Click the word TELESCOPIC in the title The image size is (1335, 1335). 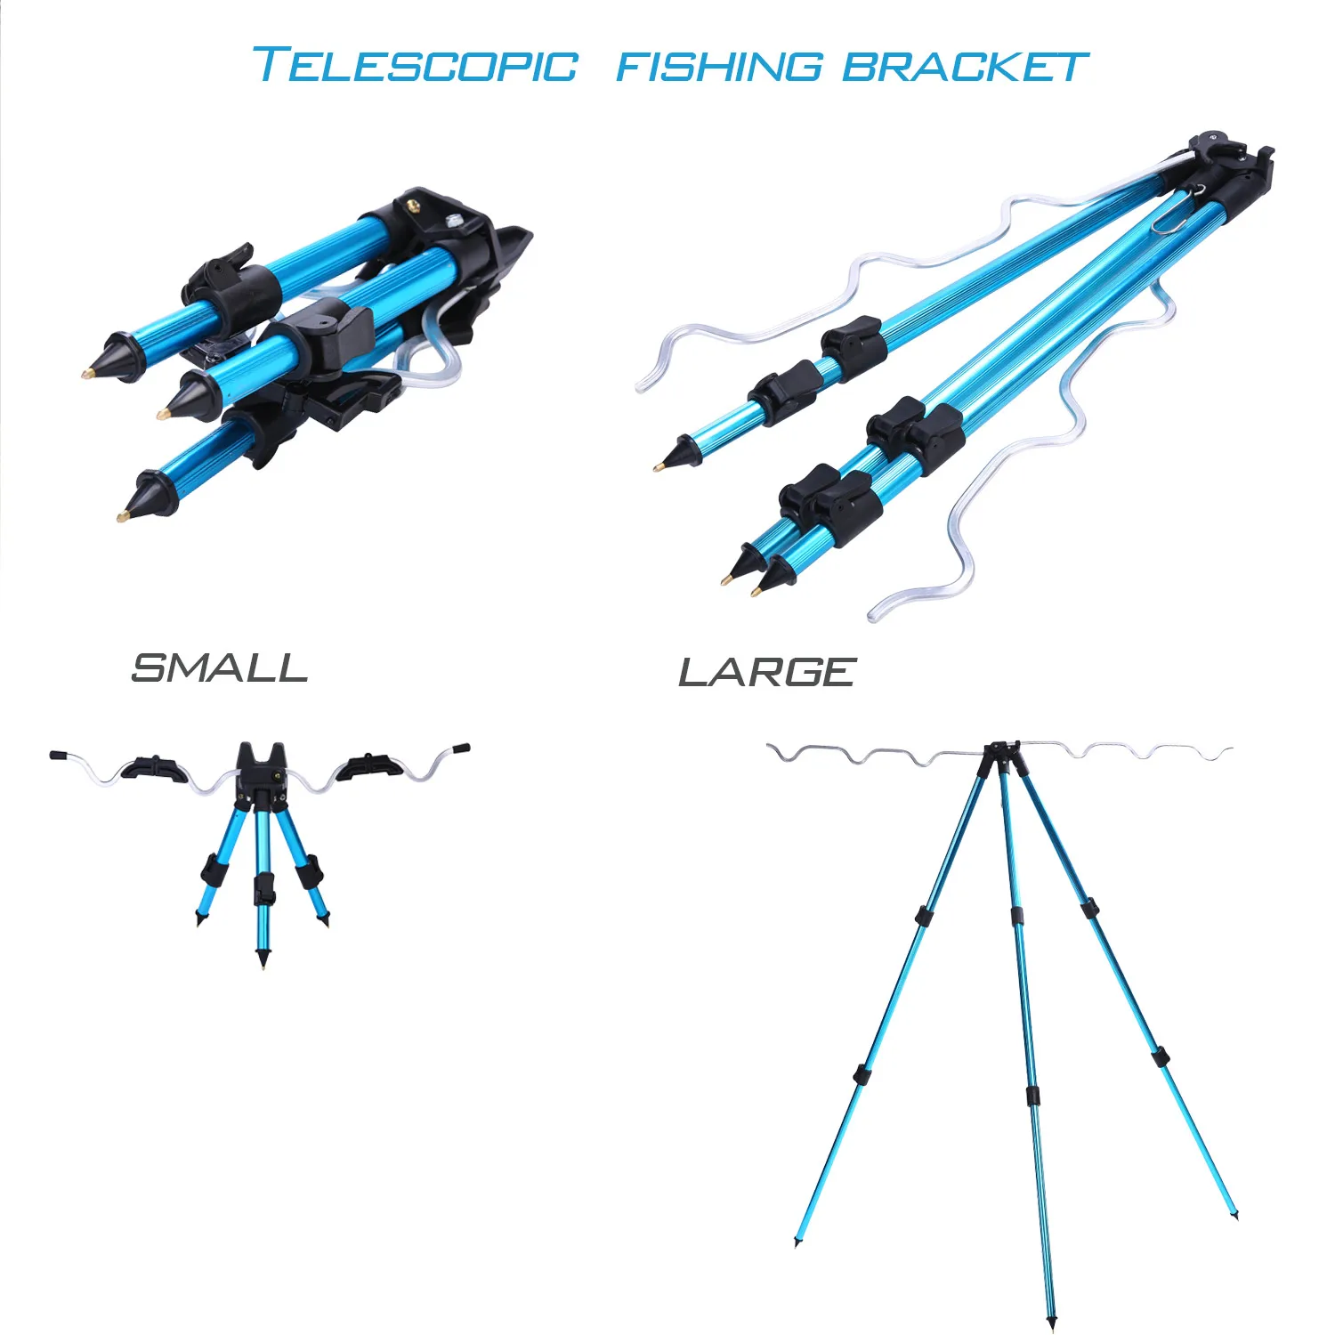[416, 65]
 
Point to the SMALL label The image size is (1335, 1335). [219, 668]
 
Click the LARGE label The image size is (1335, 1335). [767, 672]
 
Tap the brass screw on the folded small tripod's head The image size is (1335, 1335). [413, 205]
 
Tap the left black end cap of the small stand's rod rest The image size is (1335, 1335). [59, 755]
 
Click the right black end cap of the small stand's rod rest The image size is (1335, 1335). [461, 748]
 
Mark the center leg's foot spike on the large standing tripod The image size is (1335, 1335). [1052, 1321]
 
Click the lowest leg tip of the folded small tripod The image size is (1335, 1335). [121, 515]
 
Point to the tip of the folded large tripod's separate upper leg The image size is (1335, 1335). [659, 465]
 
